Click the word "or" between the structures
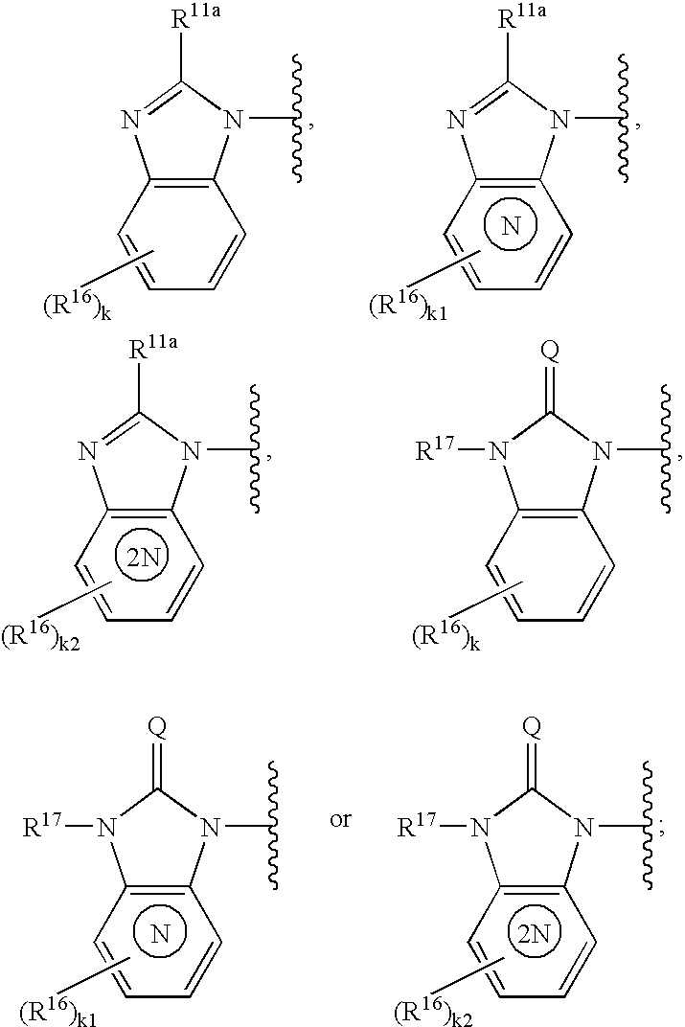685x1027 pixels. [341, 821]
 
